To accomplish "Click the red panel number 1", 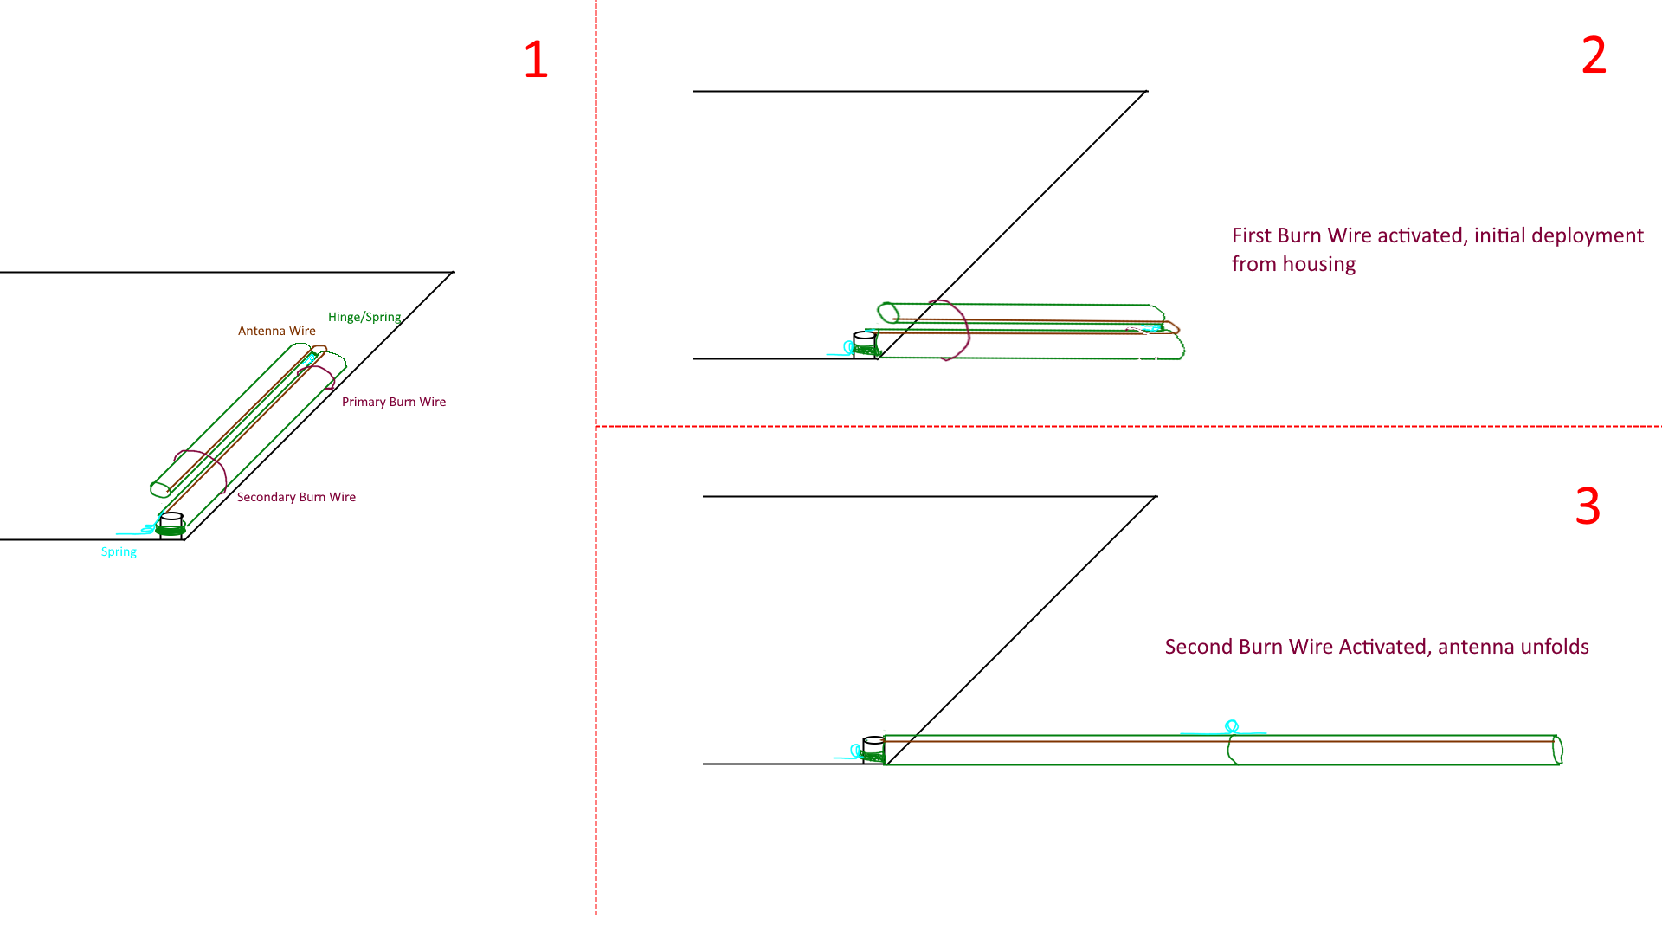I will [x=536, y=60].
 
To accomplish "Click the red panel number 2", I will [x=1594, y=55].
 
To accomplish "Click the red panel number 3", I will [x=1588, y=506].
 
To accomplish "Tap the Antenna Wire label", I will [x=276, y=331].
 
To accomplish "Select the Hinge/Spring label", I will [x=364, y=317].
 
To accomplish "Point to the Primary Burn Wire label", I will [x=393, y=402].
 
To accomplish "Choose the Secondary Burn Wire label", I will [x=296, y=497].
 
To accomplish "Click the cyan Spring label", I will [x=119, y=551].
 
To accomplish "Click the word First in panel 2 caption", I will [x=1252, y=235].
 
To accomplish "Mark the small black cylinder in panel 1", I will [x=171, y=521].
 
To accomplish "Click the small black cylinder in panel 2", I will [x=864, y=340].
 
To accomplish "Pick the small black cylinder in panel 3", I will [x=873, y=745].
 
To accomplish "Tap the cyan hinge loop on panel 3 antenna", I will [x=1232, y=726].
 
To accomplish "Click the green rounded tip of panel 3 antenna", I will [x=1557, y=750].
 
